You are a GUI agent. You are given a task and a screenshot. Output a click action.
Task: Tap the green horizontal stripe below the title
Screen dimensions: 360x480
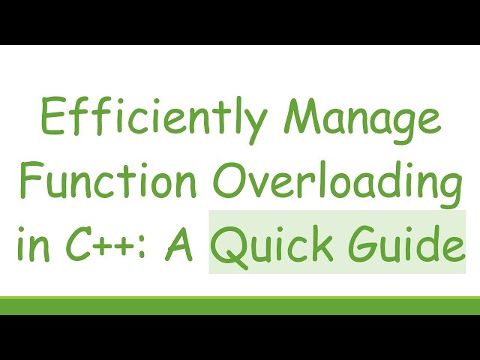(240, 305)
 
